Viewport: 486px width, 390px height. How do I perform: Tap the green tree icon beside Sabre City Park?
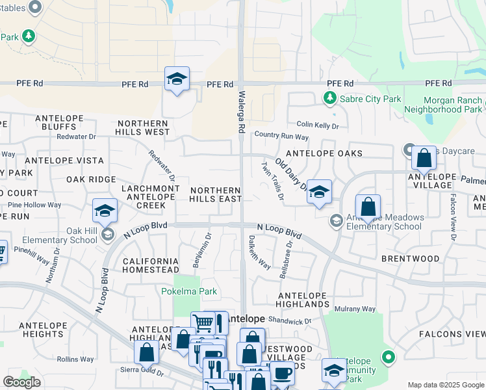tap(329, 98)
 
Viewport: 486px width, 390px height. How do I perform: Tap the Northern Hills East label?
tap(216, 194)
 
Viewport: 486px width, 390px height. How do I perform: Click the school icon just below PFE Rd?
tap(177, 79)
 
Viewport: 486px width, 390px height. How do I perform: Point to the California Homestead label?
tap(151, 265)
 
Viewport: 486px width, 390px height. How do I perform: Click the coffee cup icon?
tap(282, 374)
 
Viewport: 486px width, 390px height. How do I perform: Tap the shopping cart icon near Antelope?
tap(203, 322)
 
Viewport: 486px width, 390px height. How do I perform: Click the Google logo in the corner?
tap(21, 382)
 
